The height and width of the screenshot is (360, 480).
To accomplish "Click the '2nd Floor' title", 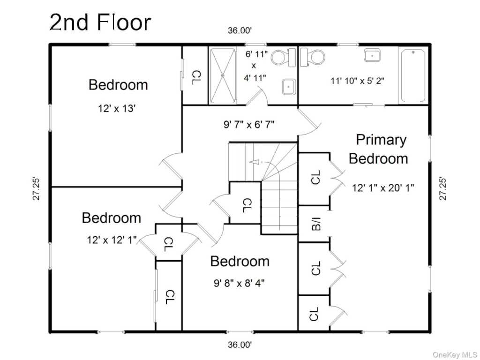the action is pos(100,22).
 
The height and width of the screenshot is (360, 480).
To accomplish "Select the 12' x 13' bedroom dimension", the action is pos(117,108).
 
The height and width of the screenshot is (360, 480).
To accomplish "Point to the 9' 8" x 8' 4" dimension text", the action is pos(239,283).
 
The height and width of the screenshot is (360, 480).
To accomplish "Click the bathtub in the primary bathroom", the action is pos(413,75).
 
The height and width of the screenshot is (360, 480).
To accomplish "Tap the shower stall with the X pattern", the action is pos(223,75).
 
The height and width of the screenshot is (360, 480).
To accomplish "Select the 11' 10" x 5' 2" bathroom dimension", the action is pos(357,81).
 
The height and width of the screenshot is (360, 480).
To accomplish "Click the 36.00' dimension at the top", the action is pos(240,30).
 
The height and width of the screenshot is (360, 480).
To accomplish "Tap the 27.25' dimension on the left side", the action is pos(36,188).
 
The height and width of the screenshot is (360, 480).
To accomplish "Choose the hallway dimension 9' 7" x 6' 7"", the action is pos(249,125).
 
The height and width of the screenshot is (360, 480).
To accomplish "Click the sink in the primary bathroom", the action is pos(372,55).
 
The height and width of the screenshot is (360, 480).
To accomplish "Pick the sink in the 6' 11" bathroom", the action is pos(289,87).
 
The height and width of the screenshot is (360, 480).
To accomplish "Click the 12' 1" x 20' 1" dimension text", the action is pos(383,187).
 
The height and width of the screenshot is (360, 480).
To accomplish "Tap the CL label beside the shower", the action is pos(196,77).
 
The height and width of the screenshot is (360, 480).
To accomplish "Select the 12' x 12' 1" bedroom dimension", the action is pos(112,240).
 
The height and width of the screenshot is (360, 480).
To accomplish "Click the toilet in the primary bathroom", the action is pos(312,57).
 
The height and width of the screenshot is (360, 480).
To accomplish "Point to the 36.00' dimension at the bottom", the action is pos(240,345).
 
